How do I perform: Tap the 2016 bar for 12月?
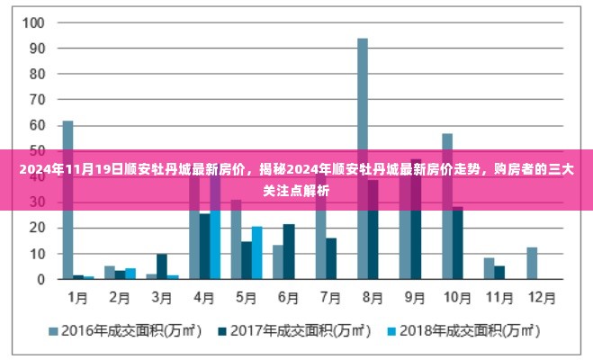pyautogui.click(x=532, y=263)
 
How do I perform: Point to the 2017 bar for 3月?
pyautogui.click(x=162, y=266)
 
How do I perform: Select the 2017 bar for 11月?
pyautogui.click(x=499, y=272)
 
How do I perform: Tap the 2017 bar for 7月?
pyautogui.click(x=331, y=258)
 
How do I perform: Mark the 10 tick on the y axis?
pyautogui.click(x=34, y=254)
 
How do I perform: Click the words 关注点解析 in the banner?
pyautogui.click(x=296, y=190)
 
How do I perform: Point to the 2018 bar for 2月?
pyautogui.click(x=130, y=274)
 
